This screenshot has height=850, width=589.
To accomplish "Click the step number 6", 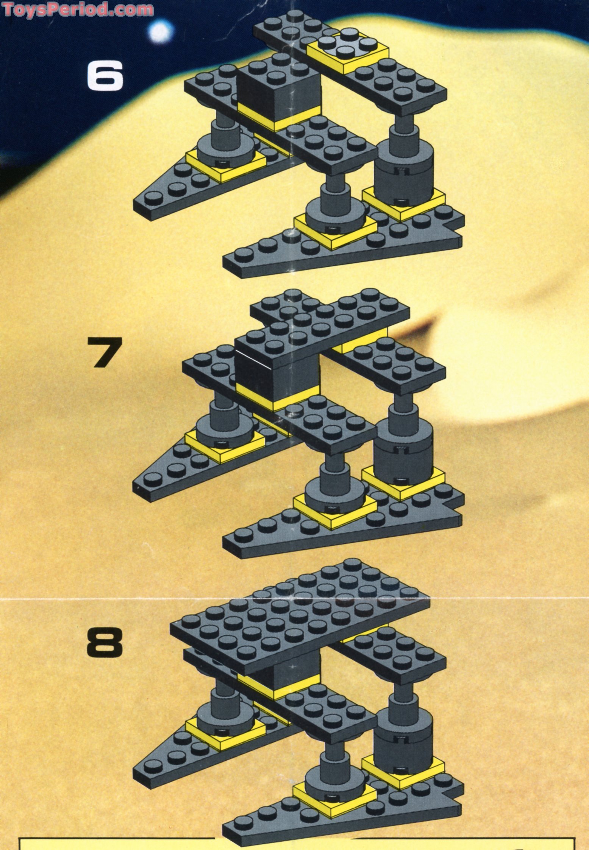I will (x=105, y=76).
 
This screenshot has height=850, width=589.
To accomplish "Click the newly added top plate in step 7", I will (x=330, y=314).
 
